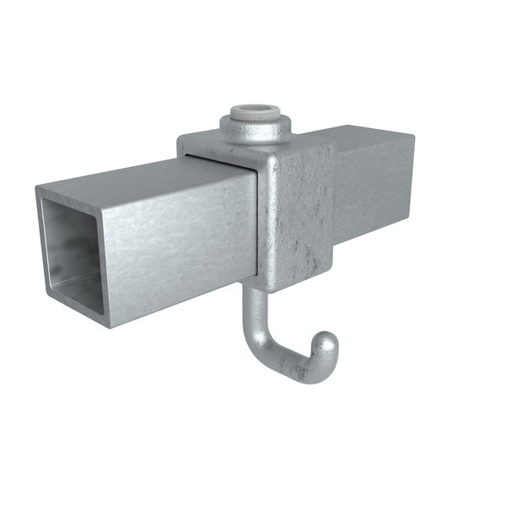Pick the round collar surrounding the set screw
click(x=256, y=127)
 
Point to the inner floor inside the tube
click(x=80, y=287)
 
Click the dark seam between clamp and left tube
click(x=256, y=219)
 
